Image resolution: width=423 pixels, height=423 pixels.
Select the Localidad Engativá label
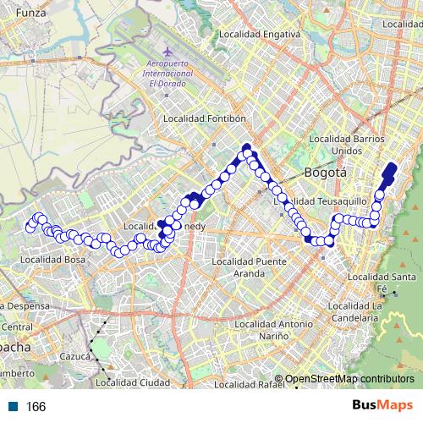259,35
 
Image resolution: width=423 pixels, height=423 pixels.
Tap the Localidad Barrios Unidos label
347,145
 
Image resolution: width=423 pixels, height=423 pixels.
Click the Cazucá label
74,356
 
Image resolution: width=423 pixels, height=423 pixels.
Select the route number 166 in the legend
36,407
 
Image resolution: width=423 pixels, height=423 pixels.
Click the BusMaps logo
382,405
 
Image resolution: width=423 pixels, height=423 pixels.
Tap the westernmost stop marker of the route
30,227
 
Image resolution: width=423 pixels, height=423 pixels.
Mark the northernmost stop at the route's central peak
247,149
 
